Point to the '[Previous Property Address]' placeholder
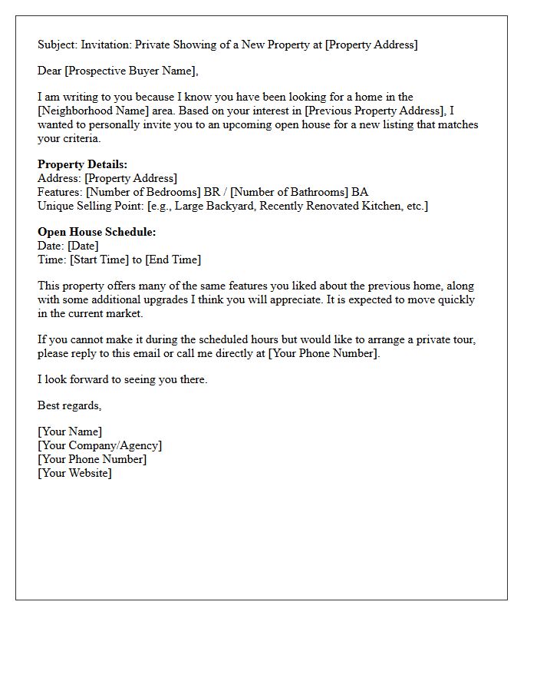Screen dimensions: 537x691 point(376,111)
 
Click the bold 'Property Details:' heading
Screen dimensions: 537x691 point(82,164)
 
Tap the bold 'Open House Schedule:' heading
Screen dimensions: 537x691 point(97,232)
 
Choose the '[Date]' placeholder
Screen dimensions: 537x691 point(83,246)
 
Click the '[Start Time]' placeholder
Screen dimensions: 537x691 point(99,260)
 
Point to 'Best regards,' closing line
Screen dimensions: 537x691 point(70,405)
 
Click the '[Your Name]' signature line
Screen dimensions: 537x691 point(70,431)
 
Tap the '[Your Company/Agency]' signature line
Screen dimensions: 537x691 point(100,445)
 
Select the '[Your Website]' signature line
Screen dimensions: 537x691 point(74,473)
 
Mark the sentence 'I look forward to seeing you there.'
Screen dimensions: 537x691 point(123,379)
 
